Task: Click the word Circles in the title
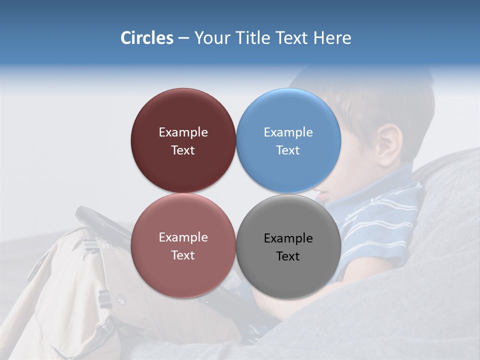coord(146,38)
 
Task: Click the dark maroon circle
coord(183,115)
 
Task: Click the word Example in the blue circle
coord(288,132)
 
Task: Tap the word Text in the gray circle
coord(288,256)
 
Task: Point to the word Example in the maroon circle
coord(183,132)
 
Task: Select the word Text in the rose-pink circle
coord(183,255)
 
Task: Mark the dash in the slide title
coord(183,38)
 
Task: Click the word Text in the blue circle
coord(288,150)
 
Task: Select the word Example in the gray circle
coord(288,238)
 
